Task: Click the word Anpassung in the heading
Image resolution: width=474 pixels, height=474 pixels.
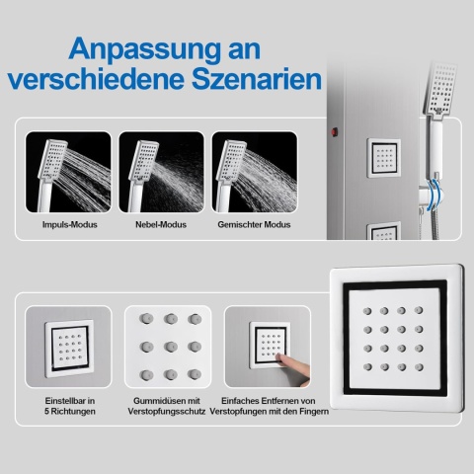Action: pos(144,50)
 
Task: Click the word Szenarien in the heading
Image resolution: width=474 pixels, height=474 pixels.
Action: pos(257,79)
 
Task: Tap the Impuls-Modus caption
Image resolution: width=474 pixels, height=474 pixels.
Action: pos(70,225)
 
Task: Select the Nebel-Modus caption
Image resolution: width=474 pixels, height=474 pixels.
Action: pos(161,225)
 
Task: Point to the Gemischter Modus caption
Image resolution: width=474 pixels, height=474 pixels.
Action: pos(254,225)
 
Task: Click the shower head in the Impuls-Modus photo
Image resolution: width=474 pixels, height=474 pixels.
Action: pos(52,160)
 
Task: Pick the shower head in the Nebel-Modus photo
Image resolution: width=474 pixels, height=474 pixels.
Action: pos(143,161)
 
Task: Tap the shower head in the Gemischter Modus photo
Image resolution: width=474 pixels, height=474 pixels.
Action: pos(231,160)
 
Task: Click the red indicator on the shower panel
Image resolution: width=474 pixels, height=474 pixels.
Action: pos(335,132)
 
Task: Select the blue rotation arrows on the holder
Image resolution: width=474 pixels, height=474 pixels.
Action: pos(434,195)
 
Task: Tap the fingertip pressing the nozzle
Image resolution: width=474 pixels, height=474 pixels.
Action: pos(279,356)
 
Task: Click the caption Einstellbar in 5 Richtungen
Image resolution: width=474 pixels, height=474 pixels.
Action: pos(70,406)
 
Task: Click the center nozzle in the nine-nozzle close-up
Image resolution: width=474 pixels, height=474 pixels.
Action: pos(171,347)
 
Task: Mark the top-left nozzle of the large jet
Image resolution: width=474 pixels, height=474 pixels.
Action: pos(367,311)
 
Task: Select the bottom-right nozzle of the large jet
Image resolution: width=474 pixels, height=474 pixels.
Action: pos(419,367)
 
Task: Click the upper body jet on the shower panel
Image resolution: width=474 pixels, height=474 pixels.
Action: pos(384,158)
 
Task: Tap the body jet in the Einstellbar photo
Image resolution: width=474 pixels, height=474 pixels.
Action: pos(69,349)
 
